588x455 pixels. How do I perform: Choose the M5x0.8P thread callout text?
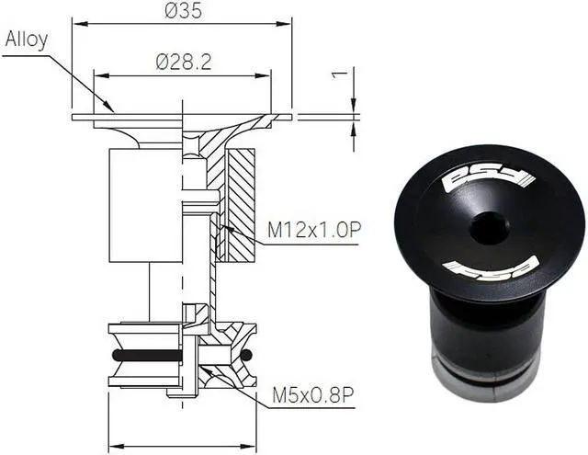[312, 397]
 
